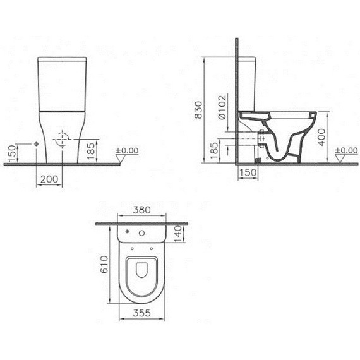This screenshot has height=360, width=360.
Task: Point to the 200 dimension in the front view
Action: [50, 180]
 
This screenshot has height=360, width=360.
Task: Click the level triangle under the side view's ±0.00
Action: [340, 159]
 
